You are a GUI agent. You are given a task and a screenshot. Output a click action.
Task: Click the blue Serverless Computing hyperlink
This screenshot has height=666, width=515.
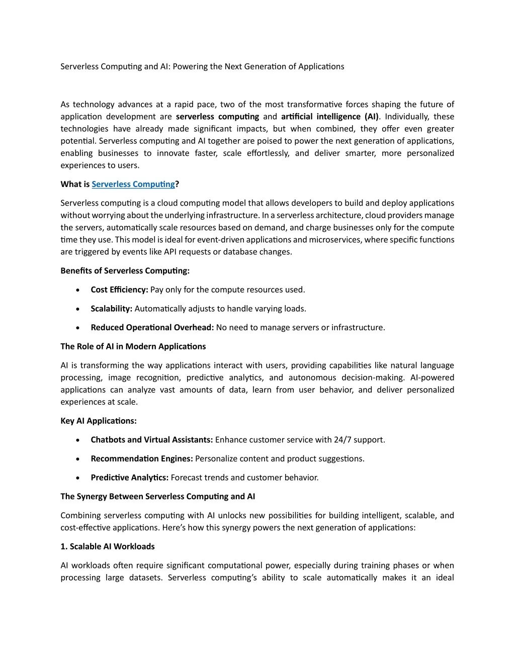point(133,184)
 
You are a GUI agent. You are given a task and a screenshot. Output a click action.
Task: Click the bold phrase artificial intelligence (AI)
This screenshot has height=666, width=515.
point(330,117)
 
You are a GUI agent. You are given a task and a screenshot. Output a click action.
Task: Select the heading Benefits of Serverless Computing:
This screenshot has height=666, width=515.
point(125,271)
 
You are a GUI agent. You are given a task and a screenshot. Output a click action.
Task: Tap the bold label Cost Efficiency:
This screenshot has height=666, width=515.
point(119,290)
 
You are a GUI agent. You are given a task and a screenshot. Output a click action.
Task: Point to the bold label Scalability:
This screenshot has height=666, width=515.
point(111,309)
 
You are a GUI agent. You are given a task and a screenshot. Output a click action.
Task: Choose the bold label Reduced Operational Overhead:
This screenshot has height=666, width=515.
point(152,328)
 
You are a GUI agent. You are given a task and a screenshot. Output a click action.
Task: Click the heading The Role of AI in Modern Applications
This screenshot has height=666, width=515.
point(133,346)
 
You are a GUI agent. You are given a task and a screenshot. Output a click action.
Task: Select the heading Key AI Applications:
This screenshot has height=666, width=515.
point(99,421)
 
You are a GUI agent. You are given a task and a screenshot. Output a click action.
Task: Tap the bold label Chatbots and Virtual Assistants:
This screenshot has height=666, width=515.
point(151,440)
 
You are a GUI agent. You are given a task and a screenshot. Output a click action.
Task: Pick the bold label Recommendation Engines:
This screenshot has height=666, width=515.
point(142,458)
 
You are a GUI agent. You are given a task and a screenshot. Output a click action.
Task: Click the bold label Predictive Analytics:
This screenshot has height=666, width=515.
point(130,478)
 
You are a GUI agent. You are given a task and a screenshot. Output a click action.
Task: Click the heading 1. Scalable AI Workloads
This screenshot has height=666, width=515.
point(108,546)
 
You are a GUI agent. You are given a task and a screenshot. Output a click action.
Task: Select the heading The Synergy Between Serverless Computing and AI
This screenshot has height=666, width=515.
point(157,497)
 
